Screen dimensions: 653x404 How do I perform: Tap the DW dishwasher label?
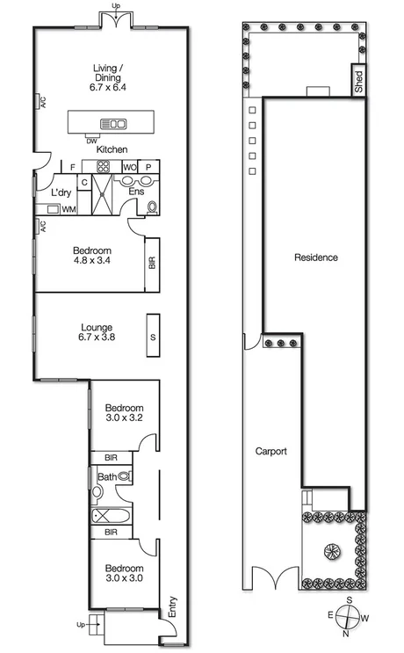[x=91, y=140]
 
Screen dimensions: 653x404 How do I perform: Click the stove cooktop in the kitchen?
[x=104, y=166]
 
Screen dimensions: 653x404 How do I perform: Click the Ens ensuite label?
[x=136, y=191]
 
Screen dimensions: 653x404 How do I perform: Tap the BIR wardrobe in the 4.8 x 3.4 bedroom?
[x=152, y=263]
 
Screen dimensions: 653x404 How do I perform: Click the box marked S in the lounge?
[x=152, y=336]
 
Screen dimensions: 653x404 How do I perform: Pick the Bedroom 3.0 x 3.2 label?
[x=124, y=413]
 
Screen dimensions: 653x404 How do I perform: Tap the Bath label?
[x=106, y=478]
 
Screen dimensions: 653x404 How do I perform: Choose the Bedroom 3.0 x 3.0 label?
[x=124, y=574]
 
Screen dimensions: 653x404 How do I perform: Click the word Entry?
[x=171, y=606]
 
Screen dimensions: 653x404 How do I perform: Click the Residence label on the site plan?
[x=315, y=258]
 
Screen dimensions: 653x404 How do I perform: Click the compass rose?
[x=349, y=617]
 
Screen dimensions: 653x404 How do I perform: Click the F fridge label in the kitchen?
[x=73, y=166]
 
